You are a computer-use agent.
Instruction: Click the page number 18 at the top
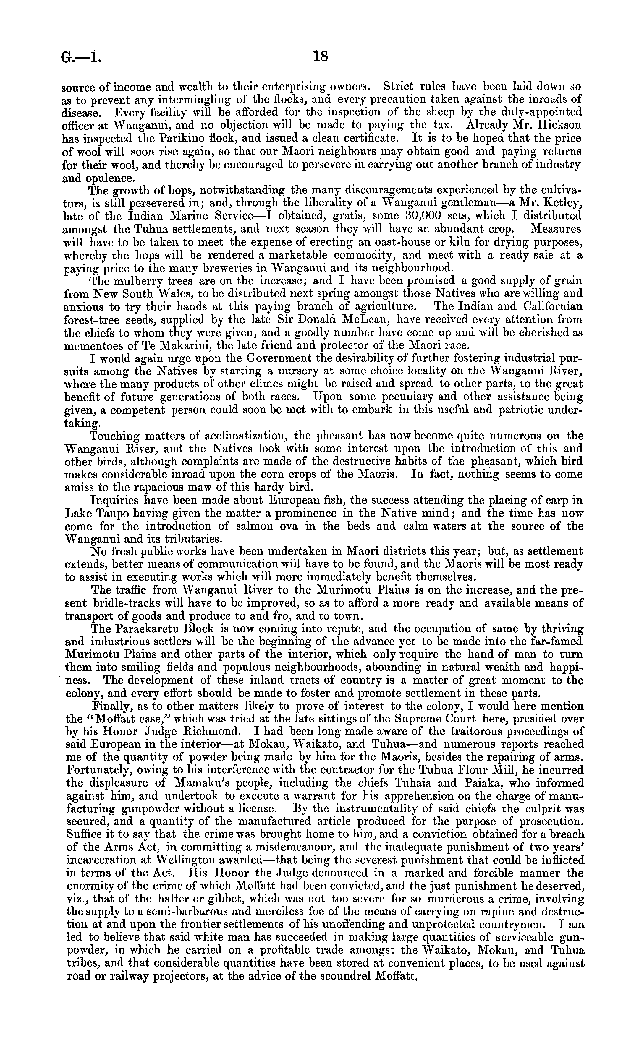click(x=320, y=56)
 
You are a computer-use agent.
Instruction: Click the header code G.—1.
click(x=81, y=57)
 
